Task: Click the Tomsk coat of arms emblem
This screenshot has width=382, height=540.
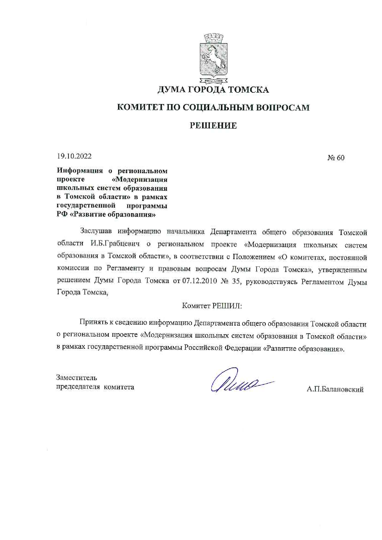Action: pyautogui.click(x=213, y=59)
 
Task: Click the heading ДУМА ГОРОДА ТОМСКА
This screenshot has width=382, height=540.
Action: pyautogui.click(x=213, y=90)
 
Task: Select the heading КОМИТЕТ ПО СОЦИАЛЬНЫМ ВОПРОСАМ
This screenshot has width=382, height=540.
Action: pyautogui.click(x=213, y=108)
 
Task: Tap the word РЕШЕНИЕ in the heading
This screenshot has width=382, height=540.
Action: pyautogui.click(x=213, y=126)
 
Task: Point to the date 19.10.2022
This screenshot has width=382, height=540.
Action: pyautogui.click(x=74, y=156)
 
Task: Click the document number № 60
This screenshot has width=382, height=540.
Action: pyautogui.click(x=336, y=158)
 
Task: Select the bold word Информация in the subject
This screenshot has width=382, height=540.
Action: pyautogui.click(x=80, y=171)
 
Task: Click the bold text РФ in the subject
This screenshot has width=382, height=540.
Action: pyautogui.click(x=62, y=214)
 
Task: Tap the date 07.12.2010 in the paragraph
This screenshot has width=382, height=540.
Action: pyautogui.click(x=200, y=281)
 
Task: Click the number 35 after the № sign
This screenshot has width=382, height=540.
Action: pyautogui.click(x=236, y=281)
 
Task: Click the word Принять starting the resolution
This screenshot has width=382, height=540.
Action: pyautogui.click(x=92, y=323)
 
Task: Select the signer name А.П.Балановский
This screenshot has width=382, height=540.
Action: pyautogui.click(x=335, y=390)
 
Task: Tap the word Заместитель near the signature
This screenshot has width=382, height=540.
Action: pyautogui.click(x=76, y=378)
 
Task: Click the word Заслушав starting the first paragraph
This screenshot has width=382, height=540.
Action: pyautogui.click(x=96, y=231)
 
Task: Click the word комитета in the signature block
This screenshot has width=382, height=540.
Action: pyautogui.click(x=119, y=387)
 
